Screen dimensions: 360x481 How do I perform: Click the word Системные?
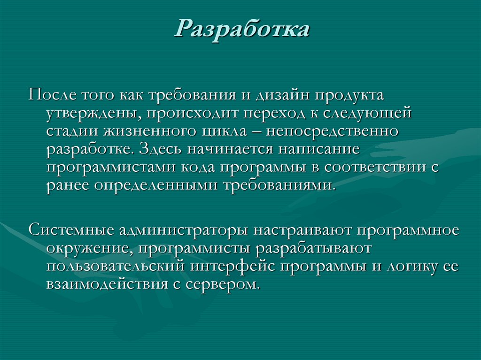pyautogui.click(x=69, y=231)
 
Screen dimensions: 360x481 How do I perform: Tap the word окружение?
pyautogui.click(x=89, y=249)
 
